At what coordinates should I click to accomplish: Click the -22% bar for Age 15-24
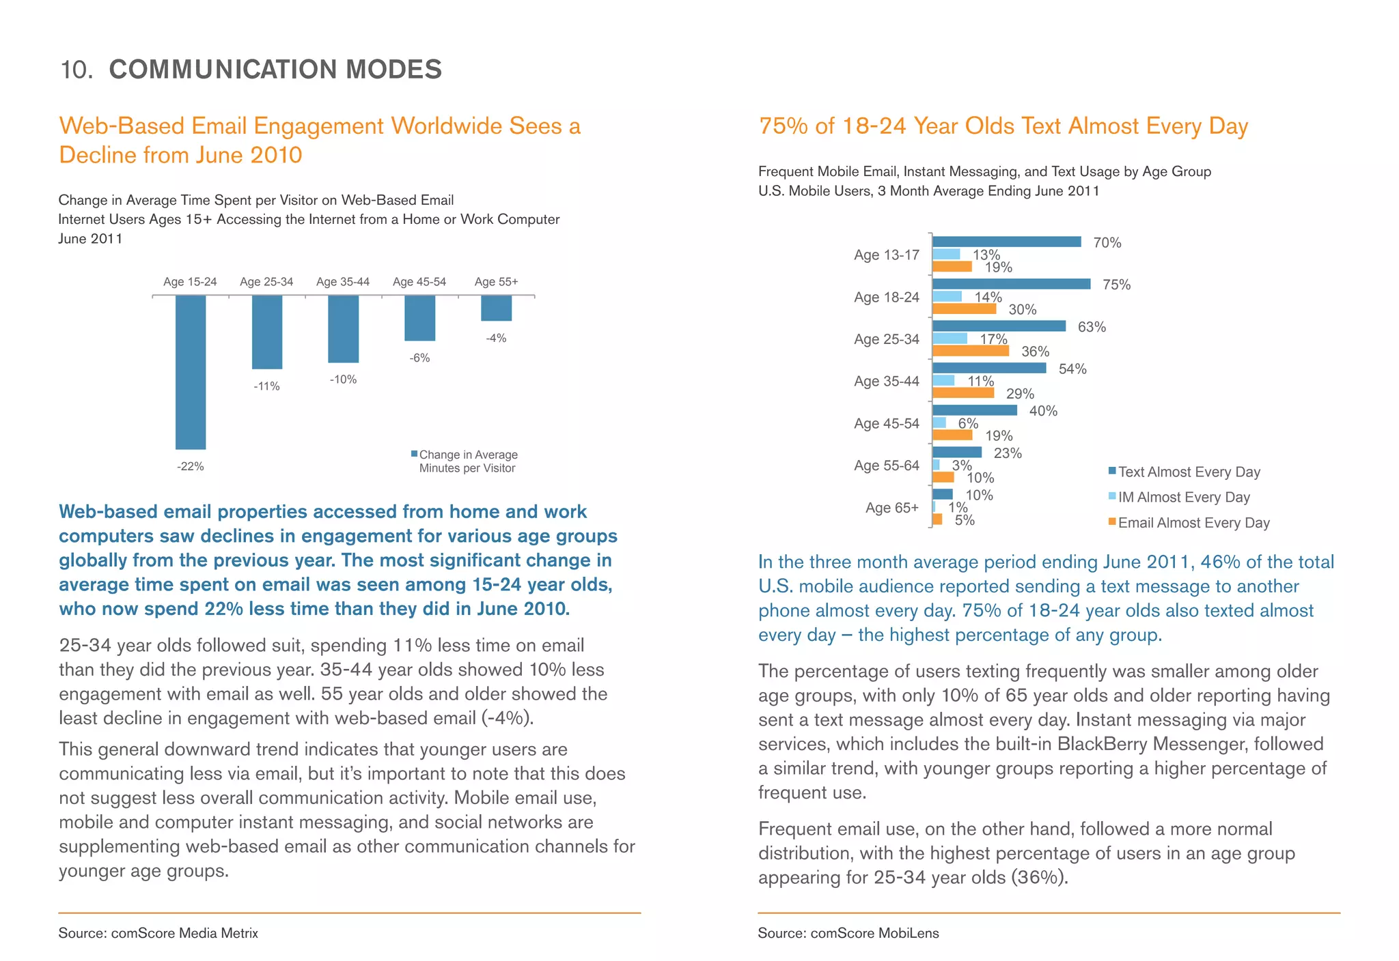(x=191, y=372)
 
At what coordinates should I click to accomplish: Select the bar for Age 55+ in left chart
(x=496, y=308)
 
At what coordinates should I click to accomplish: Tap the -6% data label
(x=419, y=358)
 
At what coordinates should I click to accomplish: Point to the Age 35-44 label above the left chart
(x=343, y=282)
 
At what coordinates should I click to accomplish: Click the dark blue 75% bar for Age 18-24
(x=1011, y=284)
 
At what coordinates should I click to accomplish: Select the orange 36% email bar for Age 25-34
(x=971, y=351)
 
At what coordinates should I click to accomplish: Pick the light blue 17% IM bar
(x=950, y=339)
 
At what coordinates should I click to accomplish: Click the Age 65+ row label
(x=892, y=508)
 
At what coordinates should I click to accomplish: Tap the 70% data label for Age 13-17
(x=1107, y=243)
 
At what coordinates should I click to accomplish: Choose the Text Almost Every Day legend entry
(x=1189, y=472)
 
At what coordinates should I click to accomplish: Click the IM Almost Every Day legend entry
(x=1183, y=498)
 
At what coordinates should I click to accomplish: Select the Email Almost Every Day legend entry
(x=1193, y=523)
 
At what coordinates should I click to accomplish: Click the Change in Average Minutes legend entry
(x=467, y=461)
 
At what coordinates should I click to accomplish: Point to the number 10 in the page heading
(x=75, y=70)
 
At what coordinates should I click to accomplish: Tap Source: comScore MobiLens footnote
(x=848, y=933)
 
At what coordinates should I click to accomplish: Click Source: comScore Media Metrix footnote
(x=158, y=933)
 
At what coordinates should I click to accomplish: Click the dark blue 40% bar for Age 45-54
(x=975, y=410)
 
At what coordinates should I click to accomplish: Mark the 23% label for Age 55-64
(x=1008, y=453)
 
